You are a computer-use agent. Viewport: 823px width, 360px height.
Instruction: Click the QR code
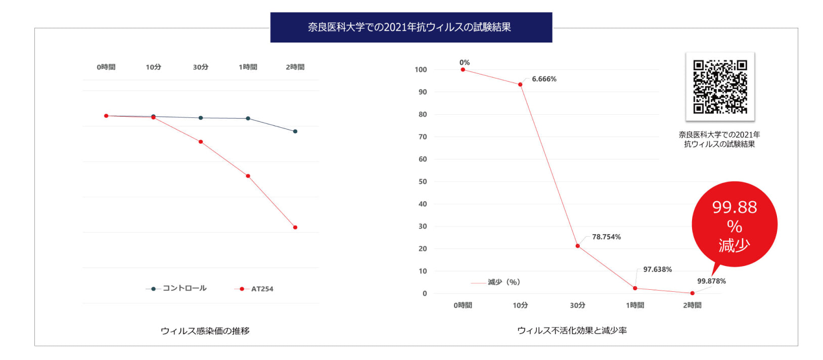[x=720, y=87]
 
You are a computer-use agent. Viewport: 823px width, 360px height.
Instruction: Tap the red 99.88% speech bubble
[x=734, y=224]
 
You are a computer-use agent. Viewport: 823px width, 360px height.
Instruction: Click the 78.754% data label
[x=606, y=237]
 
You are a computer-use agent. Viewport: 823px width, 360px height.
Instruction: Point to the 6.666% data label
[x=544, y=79]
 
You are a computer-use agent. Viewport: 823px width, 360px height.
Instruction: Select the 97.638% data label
[x=657, y=269]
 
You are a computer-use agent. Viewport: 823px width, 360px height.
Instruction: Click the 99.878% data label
[x=711, y=281]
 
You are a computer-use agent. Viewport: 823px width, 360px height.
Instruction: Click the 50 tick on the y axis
[x=423, y=182]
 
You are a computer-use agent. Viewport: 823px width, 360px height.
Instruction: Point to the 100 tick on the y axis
[x=421, y=70]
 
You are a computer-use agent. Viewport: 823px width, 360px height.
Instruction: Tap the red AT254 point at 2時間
[x=295, y=228]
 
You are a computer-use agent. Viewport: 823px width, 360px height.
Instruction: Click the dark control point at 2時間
[x=295, y=131]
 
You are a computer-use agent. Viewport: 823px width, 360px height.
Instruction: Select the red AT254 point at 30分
[x=201, y=142]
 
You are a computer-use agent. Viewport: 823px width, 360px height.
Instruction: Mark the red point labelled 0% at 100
[x=463, y=70]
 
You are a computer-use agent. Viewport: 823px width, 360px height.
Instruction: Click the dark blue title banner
[x=411, y=27]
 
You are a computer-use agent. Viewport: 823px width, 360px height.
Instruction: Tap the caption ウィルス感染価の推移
[x=205, y=331]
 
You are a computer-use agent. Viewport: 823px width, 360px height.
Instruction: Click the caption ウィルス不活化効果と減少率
[x=572, y=330]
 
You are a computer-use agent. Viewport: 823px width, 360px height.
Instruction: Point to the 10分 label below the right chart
[x=520, y=305]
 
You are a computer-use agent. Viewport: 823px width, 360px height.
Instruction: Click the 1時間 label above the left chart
[x=248, y=67]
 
